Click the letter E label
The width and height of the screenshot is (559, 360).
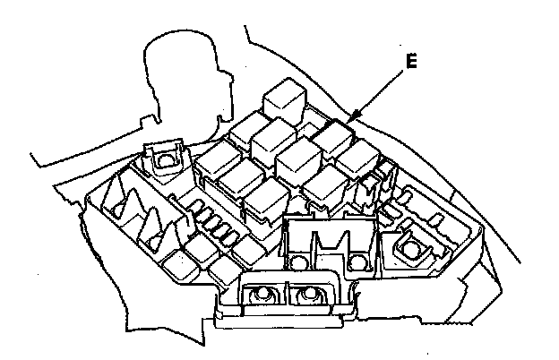[x=411, y=62]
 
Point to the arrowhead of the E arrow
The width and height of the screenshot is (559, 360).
[x=351, y=120]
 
